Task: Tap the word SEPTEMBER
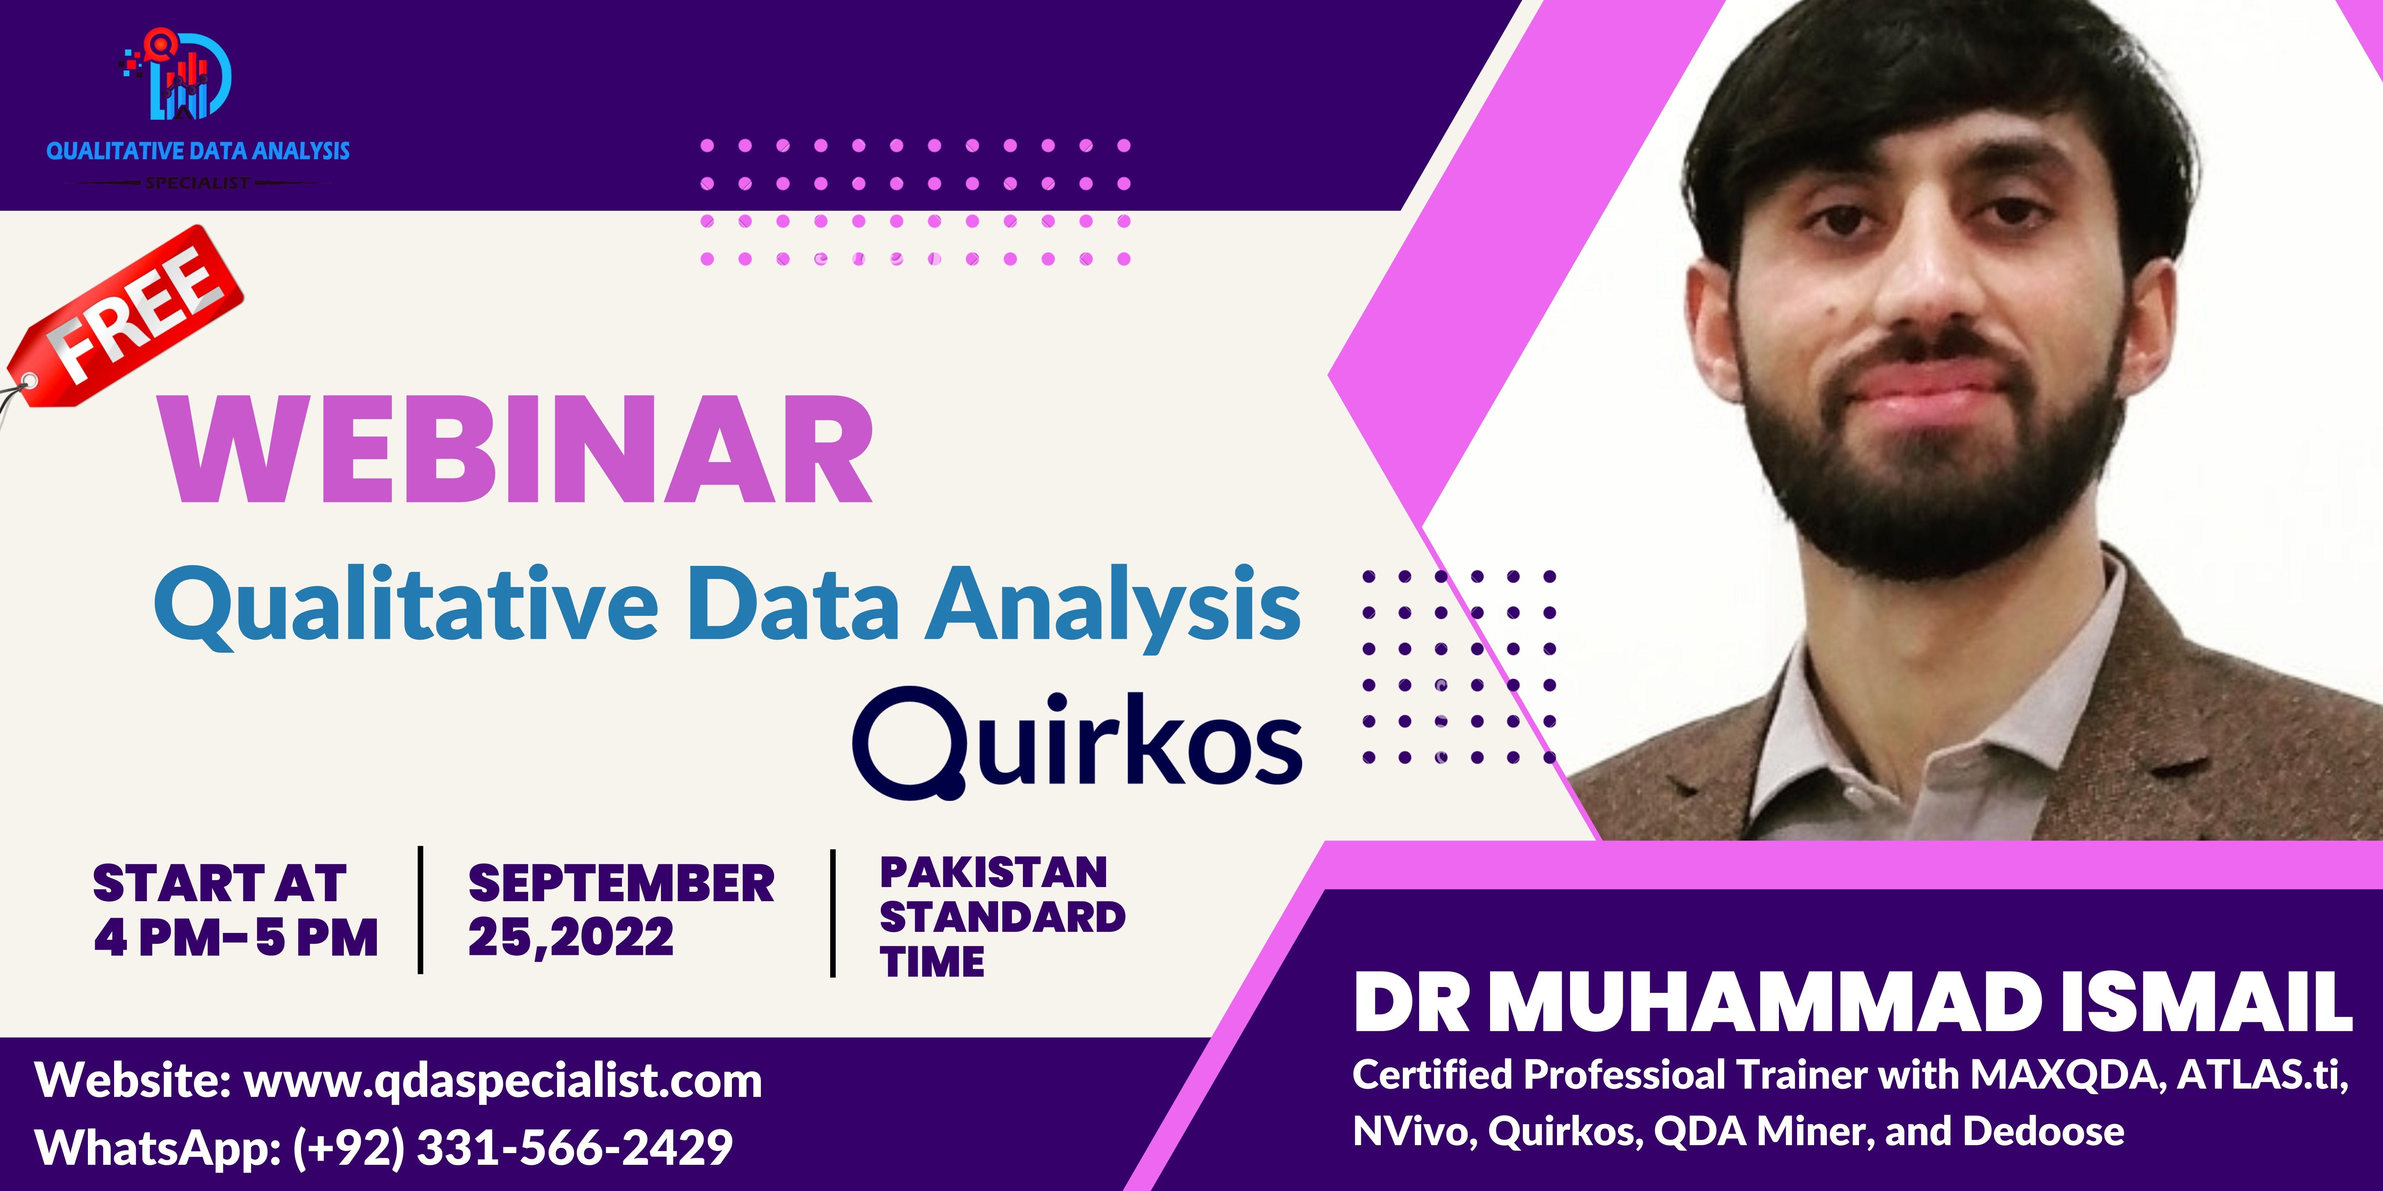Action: coord(621,883)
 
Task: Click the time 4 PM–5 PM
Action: coord(236,938)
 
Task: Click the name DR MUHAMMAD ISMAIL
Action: coord(1853,1001)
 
